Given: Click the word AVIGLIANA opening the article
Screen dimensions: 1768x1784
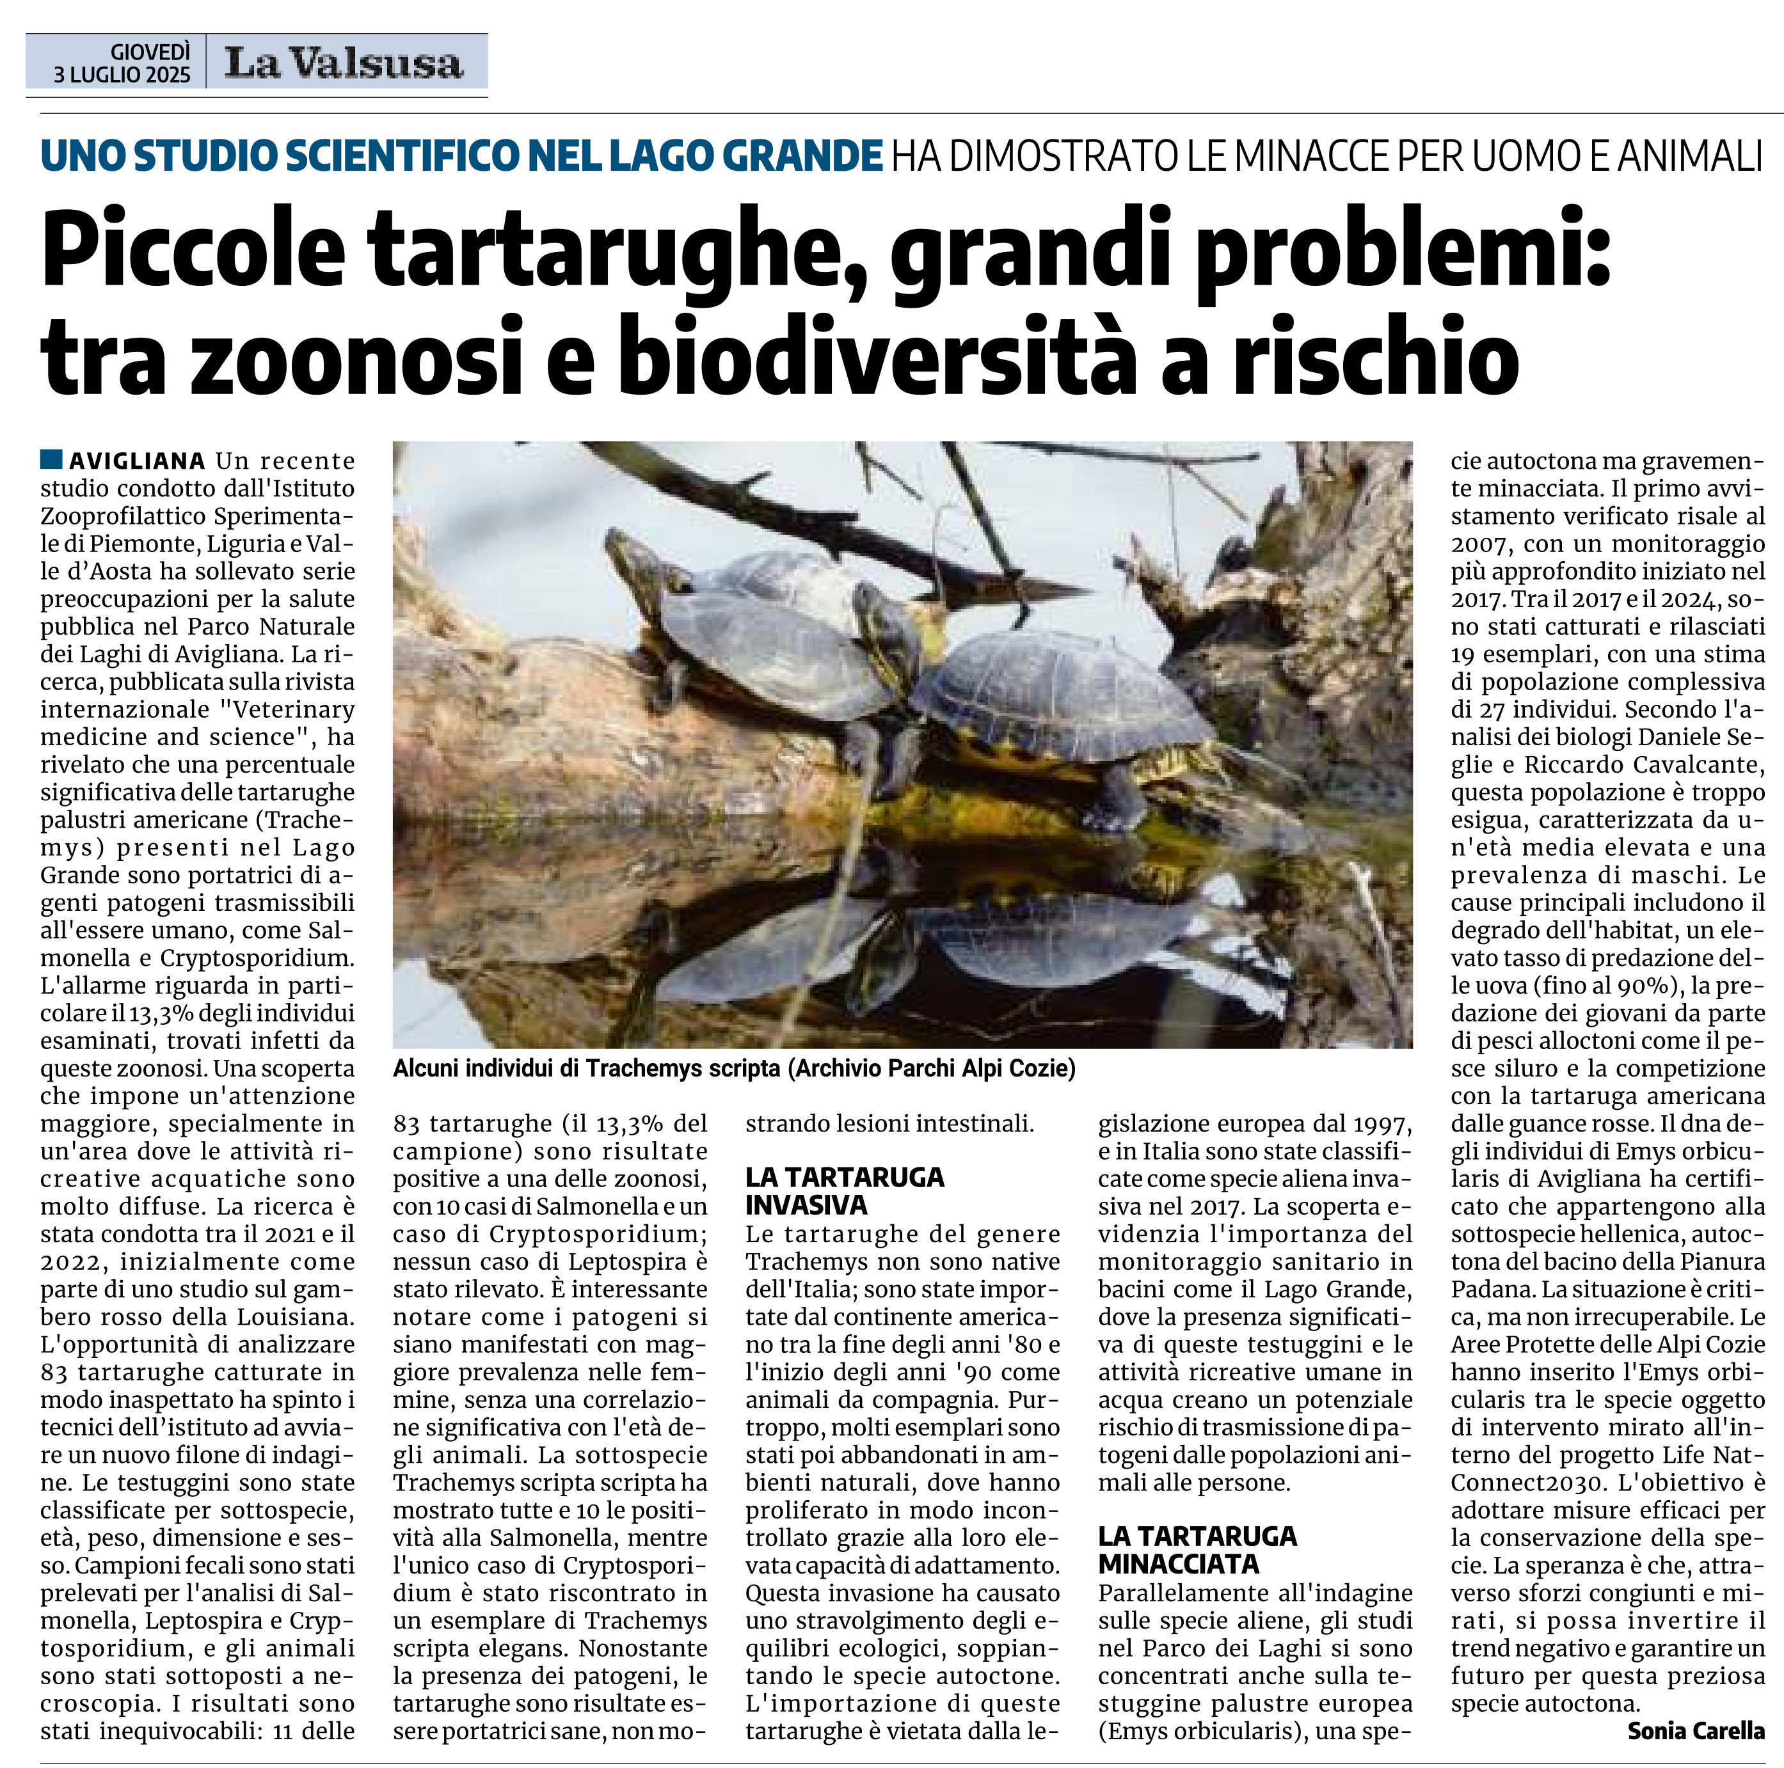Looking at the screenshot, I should [x=138, y=461].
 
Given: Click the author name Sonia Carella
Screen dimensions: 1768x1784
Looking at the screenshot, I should [x=1695, y=1730].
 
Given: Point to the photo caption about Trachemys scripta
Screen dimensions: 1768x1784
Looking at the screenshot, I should [x=734, y=1068].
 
